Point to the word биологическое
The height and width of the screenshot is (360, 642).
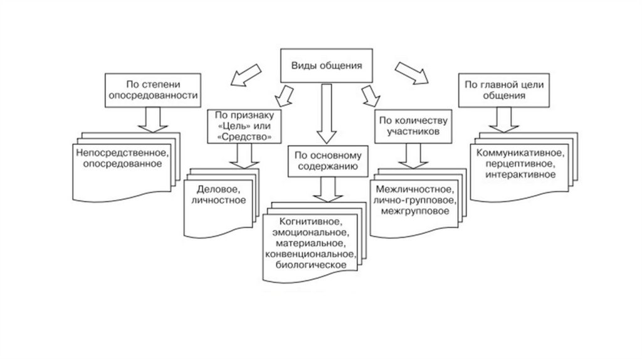[x=311, y=265]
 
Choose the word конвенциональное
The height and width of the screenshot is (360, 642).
[x=312, y=254]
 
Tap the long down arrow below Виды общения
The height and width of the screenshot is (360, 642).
[x=324, y=113]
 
